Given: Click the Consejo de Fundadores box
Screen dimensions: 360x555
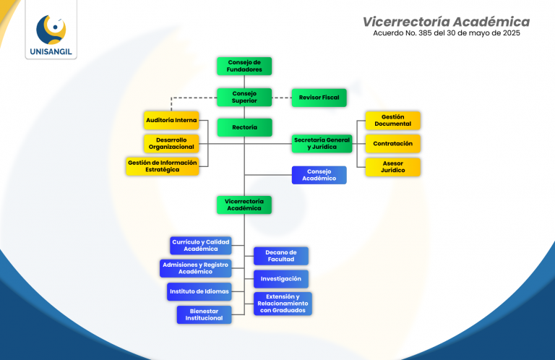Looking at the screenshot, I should [x=244, y=66].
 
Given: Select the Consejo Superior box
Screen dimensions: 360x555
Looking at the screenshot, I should [x=244, y=97].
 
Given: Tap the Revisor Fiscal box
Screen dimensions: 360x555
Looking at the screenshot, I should [x=319, y=97].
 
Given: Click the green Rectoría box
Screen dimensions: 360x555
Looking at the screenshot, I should [x=244, y=127].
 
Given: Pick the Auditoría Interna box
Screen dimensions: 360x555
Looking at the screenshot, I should [x=171, y=120].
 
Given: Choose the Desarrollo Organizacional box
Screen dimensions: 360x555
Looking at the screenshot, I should [x=171, y=143].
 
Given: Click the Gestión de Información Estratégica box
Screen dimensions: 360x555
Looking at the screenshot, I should [x=163, y=166].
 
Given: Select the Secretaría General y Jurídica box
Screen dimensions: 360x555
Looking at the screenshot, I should [x=322, y=143].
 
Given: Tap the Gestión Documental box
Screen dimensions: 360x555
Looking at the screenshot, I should [x=392, y=120].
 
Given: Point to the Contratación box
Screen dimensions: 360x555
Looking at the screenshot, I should [x=392, y=143].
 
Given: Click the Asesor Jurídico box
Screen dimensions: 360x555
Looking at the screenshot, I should [x=392, y=166].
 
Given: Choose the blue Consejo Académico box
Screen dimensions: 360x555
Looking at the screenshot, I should [x=319, y=175].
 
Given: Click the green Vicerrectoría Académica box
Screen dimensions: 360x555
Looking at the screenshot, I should [x=244, y=205].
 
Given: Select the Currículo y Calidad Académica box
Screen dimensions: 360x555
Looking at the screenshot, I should [x=200, y=245].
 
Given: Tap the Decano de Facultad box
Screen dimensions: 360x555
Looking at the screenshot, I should [x=281, y=256].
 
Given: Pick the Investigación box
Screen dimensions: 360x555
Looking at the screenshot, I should [x=281, y=278].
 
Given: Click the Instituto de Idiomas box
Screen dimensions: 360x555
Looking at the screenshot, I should [x=199, y=291].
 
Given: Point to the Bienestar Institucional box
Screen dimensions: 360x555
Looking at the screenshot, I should [x=204, y=314].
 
